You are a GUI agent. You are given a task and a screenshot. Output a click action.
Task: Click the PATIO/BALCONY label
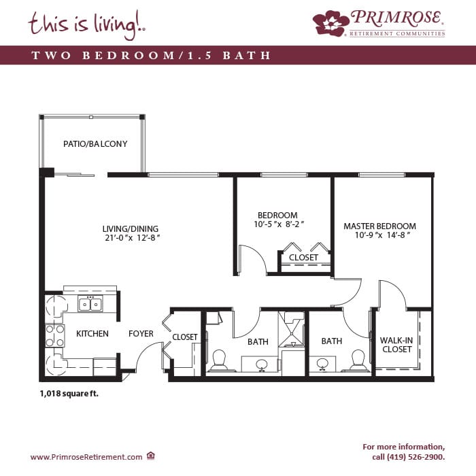point(95,144)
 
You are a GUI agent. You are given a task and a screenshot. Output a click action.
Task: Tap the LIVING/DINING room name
point(131,228)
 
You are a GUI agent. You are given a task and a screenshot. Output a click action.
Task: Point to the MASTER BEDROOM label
point(379,226)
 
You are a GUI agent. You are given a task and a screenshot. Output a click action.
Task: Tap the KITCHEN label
point(92,334)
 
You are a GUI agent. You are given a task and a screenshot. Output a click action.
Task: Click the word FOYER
point(141,334)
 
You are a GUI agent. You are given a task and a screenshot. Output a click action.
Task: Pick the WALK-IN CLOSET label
point(396,344)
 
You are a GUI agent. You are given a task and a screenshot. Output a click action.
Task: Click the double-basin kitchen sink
point(90,304)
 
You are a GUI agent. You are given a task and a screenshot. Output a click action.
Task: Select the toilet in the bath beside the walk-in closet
point(358,361)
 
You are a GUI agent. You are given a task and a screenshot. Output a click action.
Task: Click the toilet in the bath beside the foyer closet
point(219,361)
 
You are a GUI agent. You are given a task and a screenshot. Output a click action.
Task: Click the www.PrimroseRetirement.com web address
point(86,457)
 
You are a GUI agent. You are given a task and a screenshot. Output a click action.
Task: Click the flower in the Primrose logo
point(330,22)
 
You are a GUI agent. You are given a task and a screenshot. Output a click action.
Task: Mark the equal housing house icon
point(151,456)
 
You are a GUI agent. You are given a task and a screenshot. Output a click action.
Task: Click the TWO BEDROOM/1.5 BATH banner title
point(151,56)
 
